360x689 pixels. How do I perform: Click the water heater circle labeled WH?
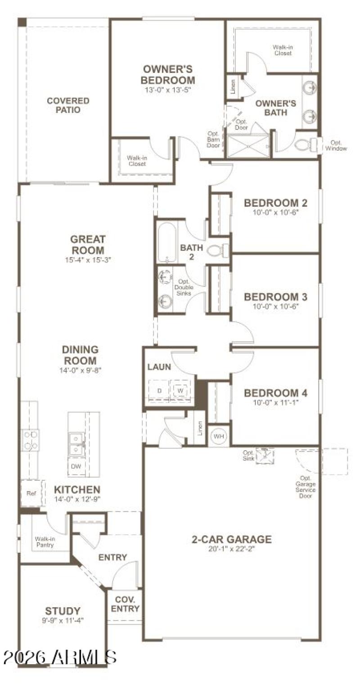pyautogui.click(x=218, y=436)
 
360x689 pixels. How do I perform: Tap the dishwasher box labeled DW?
pyautogui.click(x=76, y=466)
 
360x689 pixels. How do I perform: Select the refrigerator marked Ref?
pyautogui.click(x=31, y=493)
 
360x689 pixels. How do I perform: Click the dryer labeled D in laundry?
pyautogui.click(x=159, y=390)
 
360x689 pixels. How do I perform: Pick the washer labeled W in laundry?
pyautogui.click(x=180, y=390)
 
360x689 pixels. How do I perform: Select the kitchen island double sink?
pyautogui.click(x=77, y=443)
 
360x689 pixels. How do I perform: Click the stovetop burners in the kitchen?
pyautogui.click(x=31, y=440)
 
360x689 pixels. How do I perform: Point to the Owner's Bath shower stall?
pyautogui.click(x=248, y=146)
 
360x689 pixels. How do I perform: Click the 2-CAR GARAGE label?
pyautogui.click(x=232, y=539)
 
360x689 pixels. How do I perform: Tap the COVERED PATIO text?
pyautogui.click(x=68, y=105)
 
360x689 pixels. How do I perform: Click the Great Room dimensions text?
pyautogui.click(x=87, y=259)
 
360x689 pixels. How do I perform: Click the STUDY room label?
pyautogui.click(x=63, y=611)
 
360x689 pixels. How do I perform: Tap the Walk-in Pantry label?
pyautogui.click(x=44, y=541)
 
